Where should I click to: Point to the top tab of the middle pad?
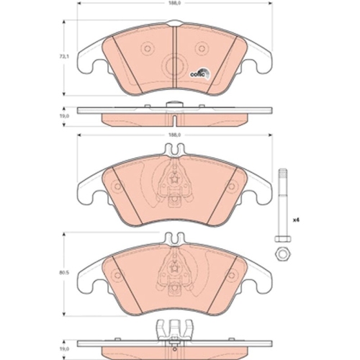click(173, 150)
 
